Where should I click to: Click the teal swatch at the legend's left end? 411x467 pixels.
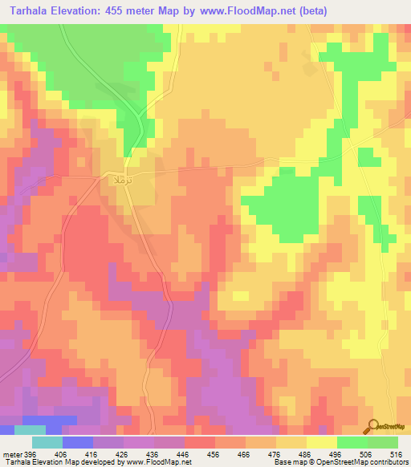click(x=47, y=442)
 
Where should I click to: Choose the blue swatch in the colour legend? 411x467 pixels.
click(x=78, y=442)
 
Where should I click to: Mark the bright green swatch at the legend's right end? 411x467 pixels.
click(x=383, y=442)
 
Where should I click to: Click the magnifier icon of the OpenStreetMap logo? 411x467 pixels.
click(x=372, y=426)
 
